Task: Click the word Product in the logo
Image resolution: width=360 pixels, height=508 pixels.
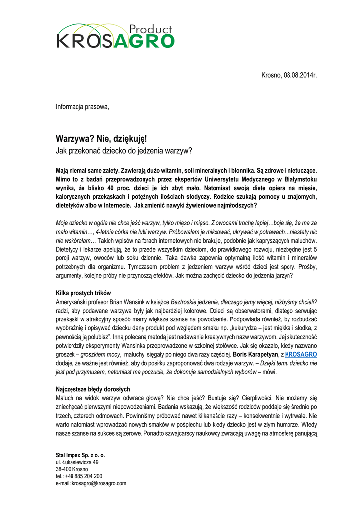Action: (x=150, y=29)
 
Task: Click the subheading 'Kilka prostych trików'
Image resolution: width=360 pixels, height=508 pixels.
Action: (x=83, y=293)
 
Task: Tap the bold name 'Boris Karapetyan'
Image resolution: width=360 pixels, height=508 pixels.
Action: (x=255, y=355)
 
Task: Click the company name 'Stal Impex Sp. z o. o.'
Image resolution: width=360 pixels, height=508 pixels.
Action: (x=80, y=455)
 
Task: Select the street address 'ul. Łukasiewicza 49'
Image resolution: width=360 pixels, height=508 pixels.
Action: (x=77, y=462)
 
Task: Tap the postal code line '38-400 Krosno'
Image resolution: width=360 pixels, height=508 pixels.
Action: (x=72, y=469)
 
